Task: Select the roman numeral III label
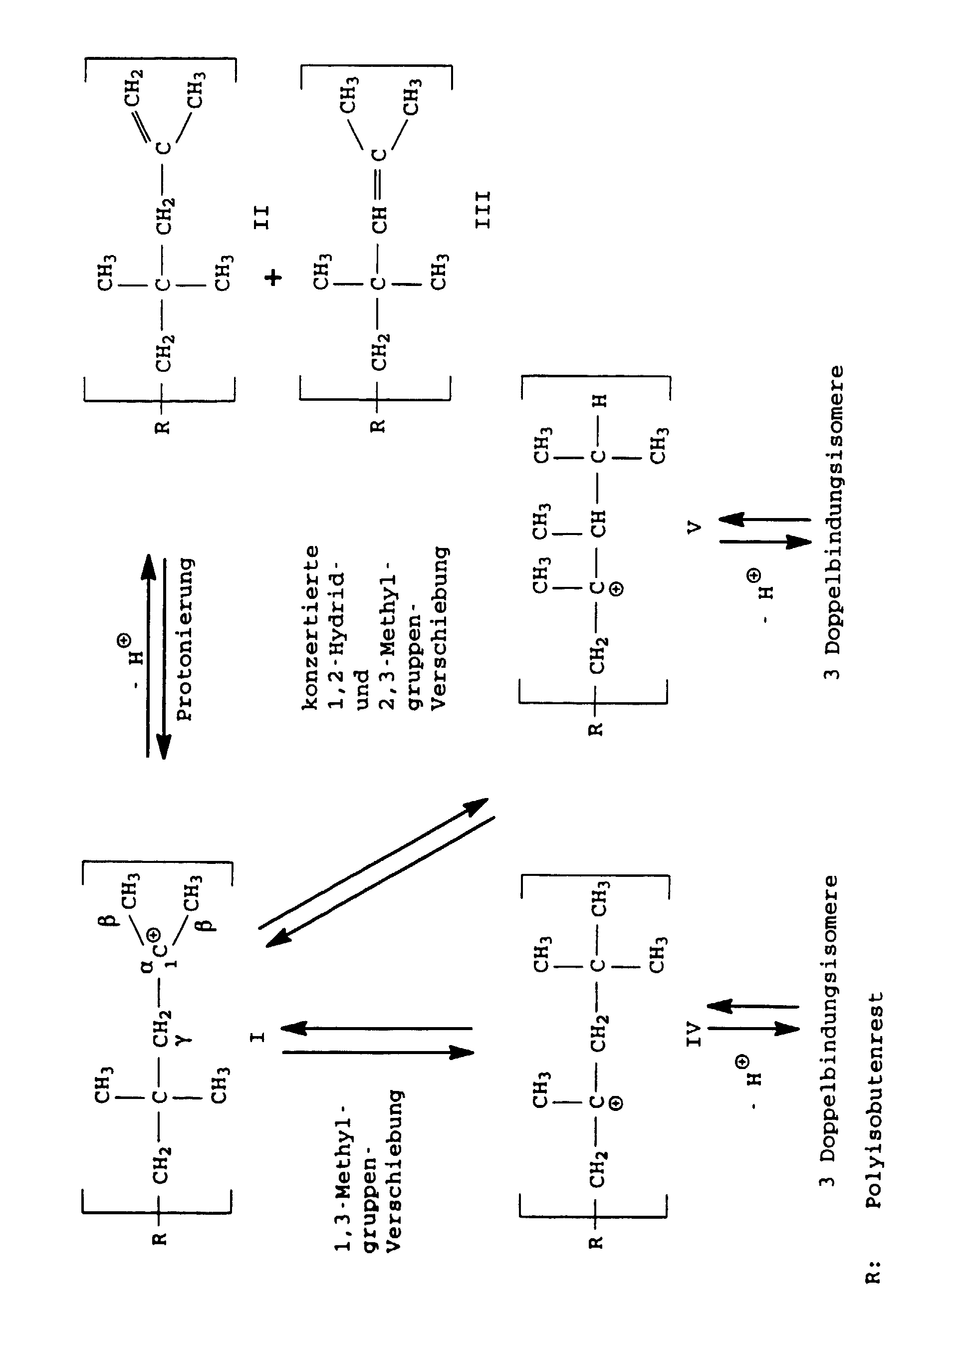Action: tap(483, 210)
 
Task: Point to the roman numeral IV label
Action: tap(694, 1035)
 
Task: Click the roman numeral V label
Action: tap(694, 528)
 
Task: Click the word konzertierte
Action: tap(310, 627)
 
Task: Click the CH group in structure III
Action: tap(379, 220)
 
